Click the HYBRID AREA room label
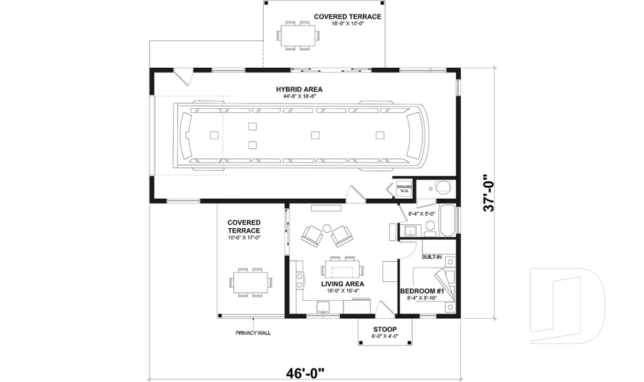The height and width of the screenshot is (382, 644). (x=299, y=89)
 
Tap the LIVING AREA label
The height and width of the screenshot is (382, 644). (x=342, y=284)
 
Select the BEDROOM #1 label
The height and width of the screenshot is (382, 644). (x=421, y=291)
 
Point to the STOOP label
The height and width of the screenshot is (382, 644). (x=385, y=329)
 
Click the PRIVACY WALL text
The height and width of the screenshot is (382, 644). (x=253, y=333)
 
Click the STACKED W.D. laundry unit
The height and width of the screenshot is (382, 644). (x=404, y=189)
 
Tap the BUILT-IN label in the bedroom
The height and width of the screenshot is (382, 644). (x=431, y=256)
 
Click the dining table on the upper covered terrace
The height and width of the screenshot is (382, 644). (x=296, y=35)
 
